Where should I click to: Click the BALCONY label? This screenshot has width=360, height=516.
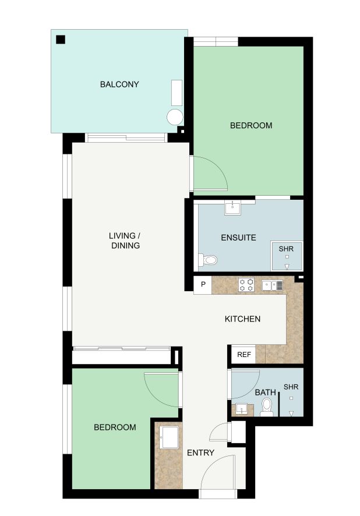(x=119, y=84)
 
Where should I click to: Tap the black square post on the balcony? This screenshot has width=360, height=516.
(x=61, y=40)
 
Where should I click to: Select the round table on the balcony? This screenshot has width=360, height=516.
(x=175, y=117)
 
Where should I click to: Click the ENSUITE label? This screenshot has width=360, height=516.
(x=238, y=238)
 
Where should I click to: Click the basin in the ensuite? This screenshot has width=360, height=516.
(x=232, y=208)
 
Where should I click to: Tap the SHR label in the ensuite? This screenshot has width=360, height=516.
(x=286, y=249)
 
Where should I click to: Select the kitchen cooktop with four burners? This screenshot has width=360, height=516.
(x=246, y=285)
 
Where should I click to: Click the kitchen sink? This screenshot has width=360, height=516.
(x=272, y=285)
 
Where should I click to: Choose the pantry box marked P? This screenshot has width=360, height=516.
(x=203, y=285)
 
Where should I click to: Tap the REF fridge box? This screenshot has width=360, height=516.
(x=243, y=355)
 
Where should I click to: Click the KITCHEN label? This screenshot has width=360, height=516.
(x=242, y=319)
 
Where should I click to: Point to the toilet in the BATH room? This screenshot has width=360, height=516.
(x=267, y=407)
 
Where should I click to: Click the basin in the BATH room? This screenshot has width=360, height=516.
(x=242, y=409)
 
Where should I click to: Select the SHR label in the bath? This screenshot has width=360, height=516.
(x=291, y=387)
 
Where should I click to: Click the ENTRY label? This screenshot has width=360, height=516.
(x=200, y=453)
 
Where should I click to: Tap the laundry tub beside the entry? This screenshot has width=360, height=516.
(x=169, y=437)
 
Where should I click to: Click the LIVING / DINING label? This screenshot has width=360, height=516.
(x=125, y=241)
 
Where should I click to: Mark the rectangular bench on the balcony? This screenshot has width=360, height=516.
(x=177, y=93)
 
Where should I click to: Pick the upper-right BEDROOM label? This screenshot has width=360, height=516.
(x=251, y=125)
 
